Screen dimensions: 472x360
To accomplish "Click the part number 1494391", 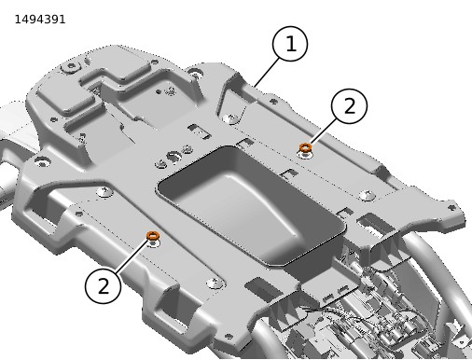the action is point(40,20).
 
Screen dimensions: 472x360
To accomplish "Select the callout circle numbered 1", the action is point(290,44).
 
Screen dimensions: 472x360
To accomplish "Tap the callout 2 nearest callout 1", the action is point(350,106).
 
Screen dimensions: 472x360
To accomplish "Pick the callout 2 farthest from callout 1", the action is point(103,285).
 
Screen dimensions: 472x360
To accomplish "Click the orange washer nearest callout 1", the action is point(305,147).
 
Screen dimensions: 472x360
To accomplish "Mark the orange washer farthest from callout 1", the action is point(153,236).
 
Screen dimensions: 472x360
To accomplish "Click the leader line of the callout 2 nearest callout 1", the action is point(323,132).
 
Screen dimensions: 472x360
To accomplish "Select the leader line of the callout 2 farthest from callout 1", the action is point(132,256).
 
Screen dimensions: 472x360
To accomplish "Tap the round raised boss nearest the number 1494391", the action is point(71,66).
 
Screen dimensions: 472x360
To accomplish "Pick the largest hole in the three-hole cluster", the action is point(174,156).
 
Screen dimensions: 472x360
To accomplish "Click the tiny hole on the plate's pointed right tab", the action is point(452,207).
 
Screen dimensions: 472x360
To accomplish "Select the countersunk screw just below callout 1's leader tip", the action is point(231,118).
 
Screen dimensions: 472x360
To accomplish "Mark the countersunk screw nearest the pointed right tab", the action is point(368,196).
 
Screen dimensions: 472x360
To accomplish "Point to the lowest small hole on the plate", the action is point(229,336).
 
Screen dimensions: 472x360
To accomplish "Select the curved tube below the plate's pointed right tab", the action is point(432,264).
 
